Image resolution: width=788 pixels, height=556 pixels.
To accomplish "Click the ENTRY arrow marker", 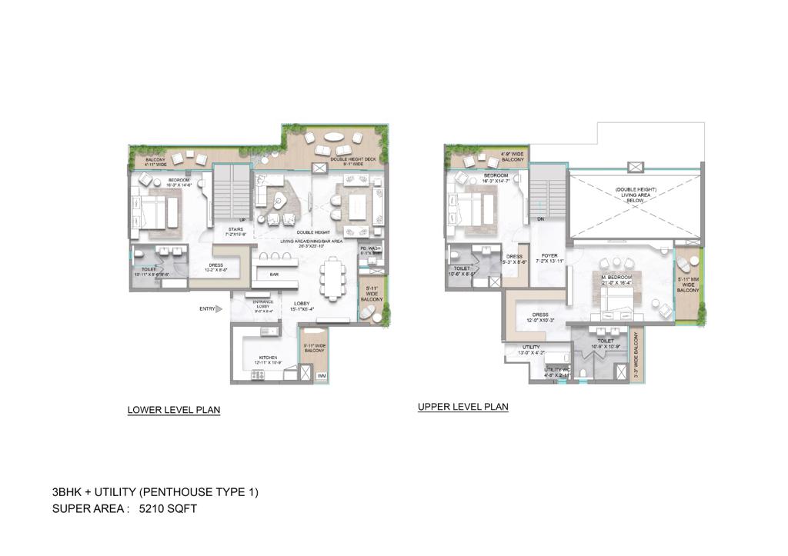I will pos(218,309).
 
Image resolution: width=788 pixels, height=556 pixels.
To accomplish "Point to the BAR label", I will pos(273,275).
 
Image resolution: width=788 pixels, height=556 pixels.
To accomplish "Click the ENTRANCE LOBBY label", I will pos(263,305).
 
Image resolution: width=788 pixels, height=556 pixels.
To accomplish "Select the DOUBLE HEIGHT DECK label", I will pos(353,160).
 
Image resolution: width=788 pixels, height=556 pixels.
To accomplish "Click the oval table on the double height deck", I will pos(334,137).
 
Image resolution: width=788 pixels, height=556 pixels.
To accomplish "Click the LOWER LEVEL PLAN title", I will pos(174,410).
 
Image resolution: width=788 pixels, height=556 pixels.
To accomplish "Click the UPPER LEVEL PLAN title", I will pos(462,407).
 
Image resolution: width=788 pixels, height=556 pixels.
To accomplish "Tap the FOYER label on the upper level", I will pos(549,257).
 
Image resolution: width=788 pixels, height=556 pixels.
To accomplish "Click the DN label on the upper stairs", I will pos(542,218).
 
